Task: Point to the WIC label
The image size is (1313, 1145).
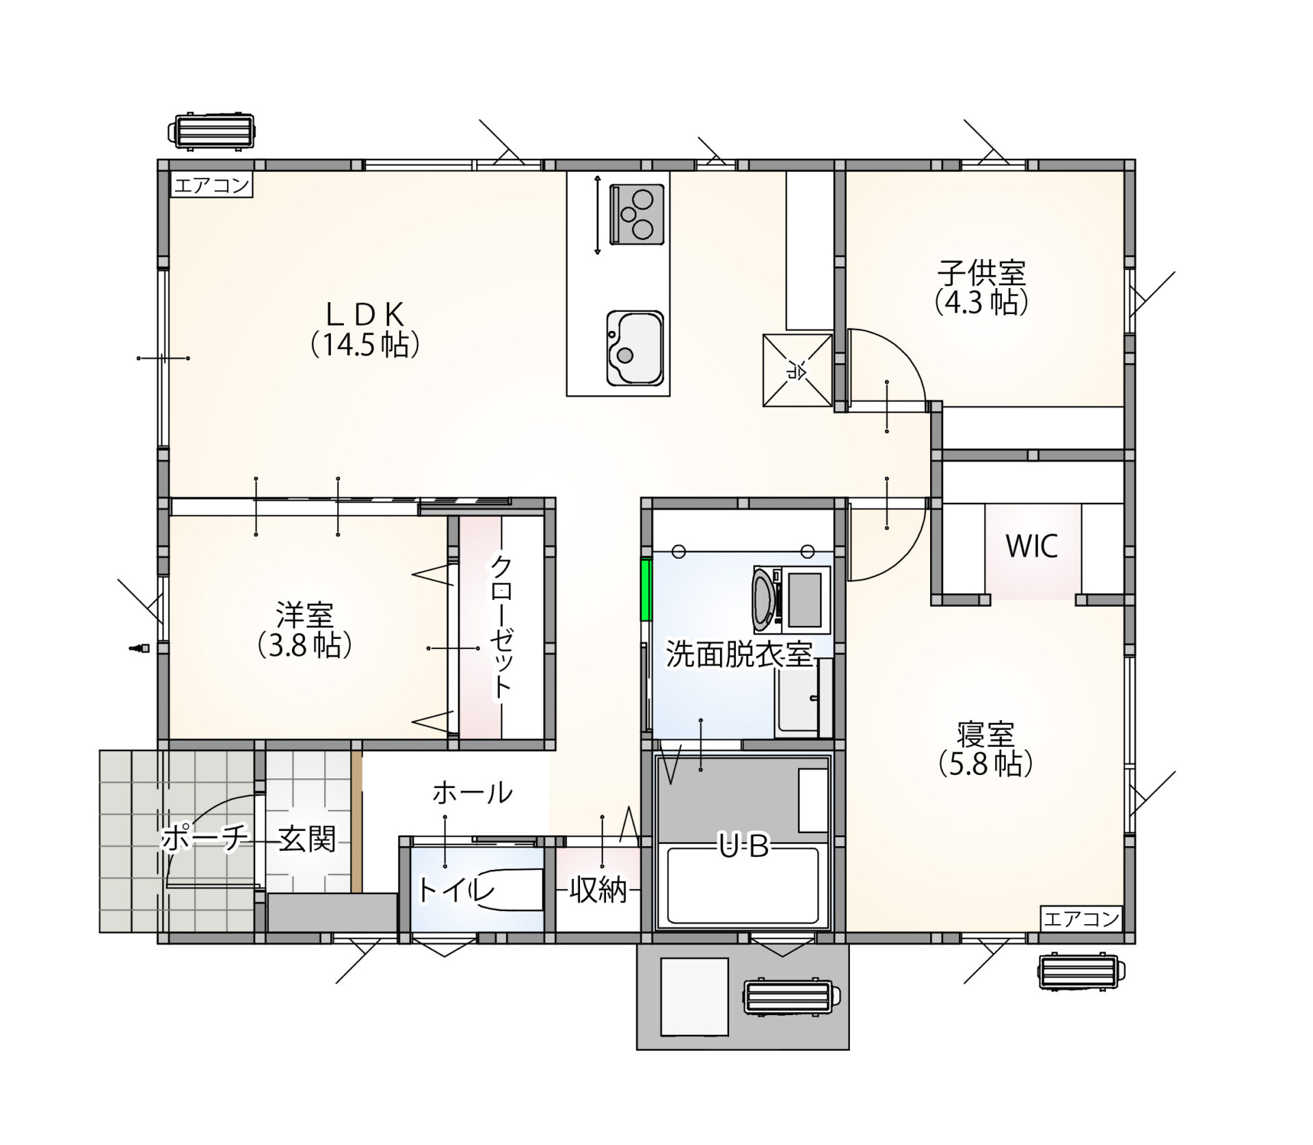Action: point(1032,546)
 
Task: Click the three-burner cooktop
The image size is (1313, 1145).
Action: point(637,213)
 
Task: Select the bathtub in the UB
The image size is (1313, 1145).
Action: point(743,886)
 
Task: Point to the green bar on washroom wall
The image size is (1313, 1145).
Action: point(645,590)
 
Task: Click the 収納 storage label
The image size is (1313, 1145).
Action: point(598,891)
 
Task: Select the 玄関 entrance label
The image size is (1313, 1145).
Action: point(307,839)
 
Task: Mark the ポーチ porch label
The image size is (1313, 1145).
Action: point(203,839)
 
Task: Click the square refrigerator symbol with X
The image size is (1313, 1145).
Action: point(797,370)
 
